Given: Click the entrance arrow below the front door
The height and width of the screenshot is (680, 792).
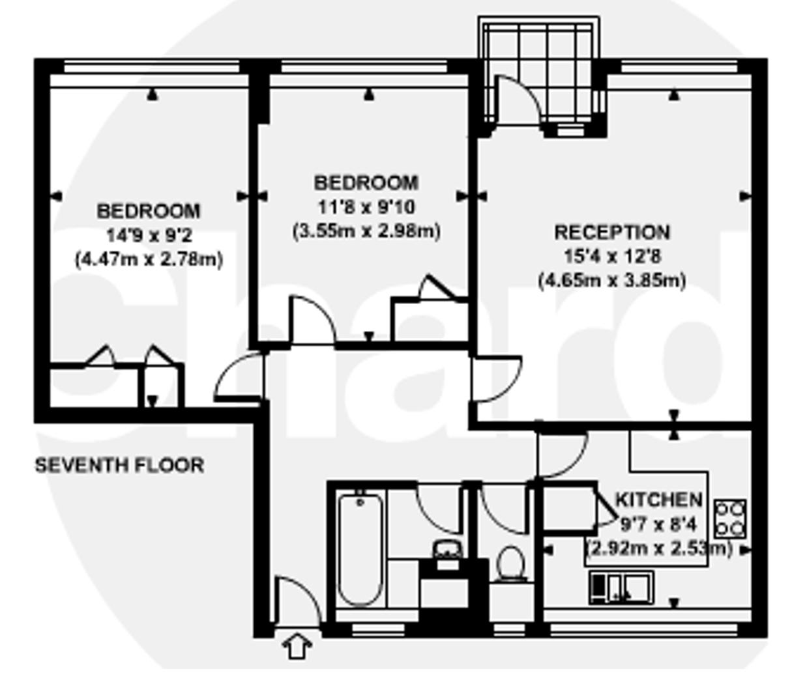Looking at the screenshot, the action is pos(297,646).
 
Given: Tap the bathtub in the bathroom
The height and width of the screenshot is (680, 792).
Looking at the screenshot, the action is pos(360,550).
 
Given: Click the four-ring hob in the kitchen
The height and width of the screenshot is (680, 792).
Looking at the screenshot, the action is pos(730,519).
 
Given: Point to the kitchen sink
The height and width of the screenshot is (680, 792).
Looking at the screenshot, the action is pos(621,588).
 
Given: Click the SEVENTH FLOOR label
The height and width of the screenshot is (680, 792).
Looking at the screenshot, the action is pos(119,465).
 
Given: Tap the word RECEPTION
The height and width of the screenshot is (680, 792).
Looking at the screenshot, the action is pos(612,233).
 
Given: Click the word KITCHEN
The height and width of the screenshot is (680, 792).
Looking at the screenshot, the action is pos(658,500).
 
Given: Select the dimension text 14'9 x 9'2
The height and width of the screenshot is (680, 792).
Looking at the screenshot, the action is pos(149,235).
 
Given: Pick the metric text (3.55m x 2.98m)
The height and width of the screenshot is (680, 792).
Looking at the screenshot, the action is pos(366,231).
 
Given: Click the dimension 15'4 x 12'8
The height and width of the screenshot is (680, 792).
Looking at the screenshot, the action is pos(613,256).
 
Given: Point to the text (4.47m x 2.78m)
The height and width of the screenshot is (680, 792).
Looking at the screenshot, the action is pos(149,260).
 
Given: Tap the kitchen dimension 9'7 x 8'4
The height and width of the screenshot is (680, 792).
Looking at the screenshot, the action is pos(658,524).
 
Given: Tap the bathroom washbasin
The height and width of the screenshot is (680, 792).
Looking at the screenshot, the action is pos(447,550).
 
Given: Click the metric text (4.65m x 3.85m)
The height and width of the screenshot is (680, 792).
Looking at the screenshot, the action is pos(612,280).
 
